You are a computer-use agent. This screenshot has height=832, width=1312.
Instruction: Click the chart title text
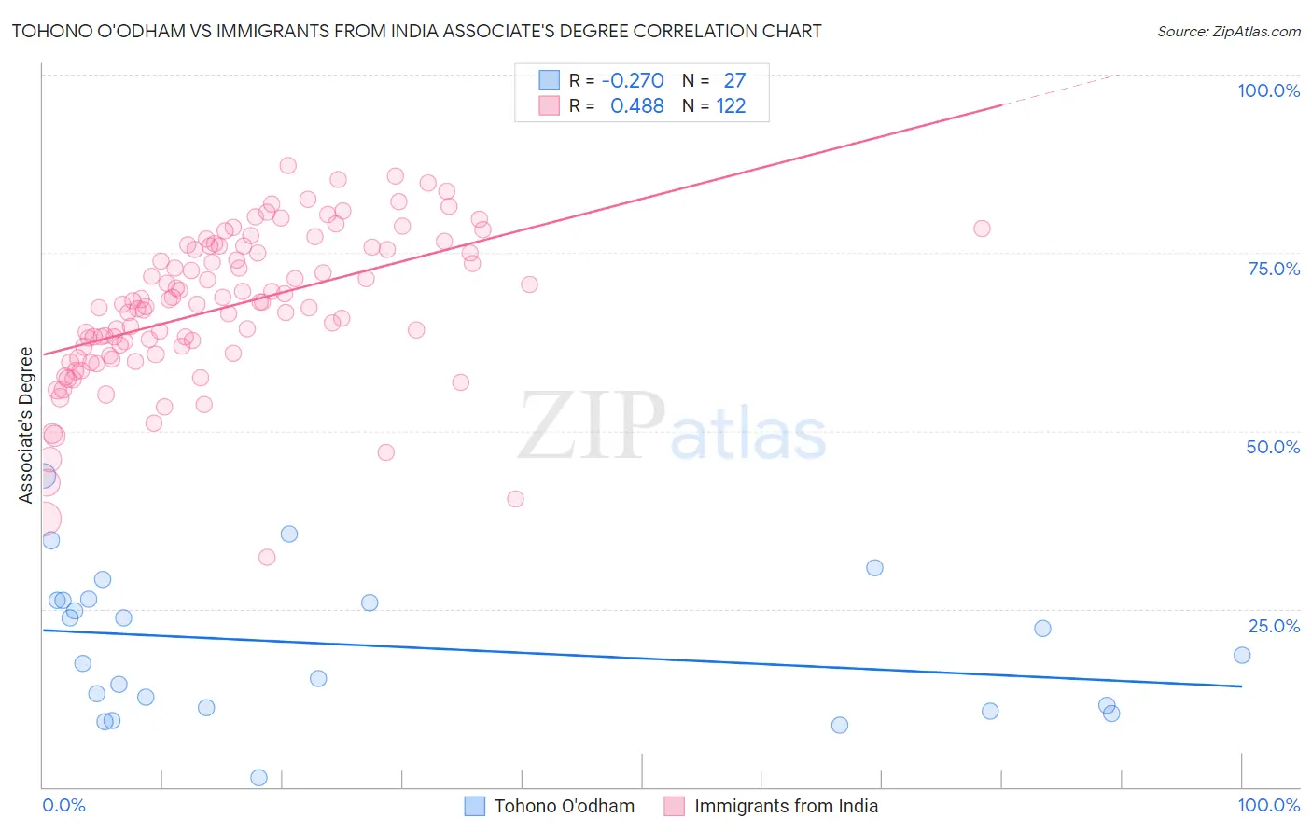(x=416, y=31)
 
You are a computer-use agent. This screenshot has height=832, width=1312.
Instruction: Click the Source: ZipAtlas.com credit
(x=1228, y=32)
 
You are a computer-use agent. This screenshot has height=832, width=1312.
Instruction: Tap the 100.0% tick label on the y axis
(x=1268, y=90)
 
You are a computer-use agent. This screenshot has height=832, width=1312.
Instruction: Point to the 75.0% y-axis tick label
(x=1274, y=269)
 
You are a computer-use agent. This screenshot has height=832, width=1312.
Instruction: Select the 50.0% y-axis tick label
(x=1273, y=447)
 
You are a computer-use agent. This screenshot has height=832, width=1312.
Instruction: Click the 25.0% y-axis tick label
(x=1274, y=626)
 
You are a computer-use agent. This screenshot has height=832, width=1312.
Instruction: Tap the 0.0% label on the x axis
(x=63, y=805)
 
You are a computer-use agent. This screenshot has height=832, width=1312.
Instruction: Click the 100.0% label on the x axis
(x=1268, y=805)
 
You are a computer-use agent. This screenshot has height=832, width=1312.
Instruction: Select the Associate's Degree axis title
(x=25, y=425)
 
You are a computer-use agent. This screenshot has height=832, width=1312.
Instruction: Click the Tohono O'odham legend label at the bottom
(x=564, y=806)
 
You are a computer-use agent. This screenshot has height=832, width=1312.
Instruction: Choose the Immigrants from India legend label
(x=786, y=806)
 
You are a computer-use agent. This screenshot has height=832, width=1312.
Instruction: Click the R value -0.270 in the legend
(x=633, y=81)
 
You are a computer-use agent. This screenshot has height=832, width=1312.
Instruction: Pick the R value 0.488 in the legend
(x=636, y=106)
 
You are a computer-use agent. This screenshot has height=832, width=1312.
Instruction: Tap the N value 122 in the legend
(x=731, y=106)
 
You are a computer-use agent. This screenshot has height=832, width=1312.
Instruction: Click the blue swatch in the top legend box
(x=549, y=81)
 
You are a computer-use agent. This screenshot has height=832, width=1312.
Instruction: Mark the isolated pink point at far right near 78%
(x=982, y=229)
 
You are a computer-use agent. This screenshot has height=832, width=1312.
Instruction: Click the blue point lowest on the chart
(x=259, y=778)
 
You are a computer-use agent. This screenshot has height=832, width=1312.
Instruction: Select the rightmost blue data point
(x=1242, y=655)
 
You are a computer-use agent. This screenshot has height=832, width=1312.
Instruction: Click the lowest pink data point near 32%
(x=267, y=558)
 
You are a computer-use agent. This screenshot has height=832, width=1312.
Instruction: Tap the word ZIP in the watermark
(x=592, y=427)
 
